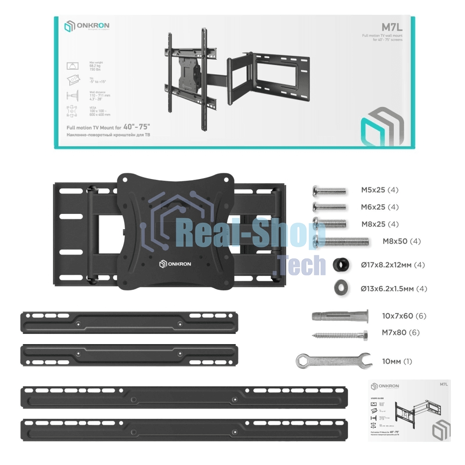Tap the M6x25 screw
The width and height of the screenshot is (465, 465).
click(330, 207)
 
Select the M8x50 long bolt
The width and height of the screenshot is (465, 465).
click(341, 241)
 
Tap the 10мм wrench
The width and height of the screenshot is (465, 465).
click(333, 361)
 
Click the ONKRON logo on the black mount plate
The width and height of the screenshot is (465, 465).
click(178, 264)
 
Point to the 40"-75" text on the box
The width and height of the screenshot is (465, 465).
click(145, 126)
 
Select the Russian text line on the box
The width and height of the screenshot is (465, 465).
click(109, 134)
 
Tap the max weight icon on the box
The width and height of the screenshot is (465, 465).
click(73, 64)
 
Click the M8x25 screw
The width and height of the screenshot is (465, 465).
click(330, 224)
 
